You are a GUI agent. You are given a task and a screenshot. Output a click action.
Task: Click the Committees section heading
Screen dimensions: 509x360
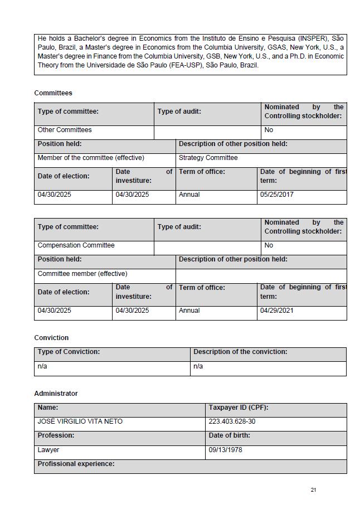click(x=53, y=93)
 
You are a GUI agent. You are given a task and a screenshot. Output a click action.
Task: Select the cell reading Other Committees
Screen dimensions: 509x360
click(x=65, y=130)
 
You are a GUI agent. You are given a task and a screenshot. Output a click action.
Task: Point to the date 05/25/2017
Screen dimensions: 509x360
click(x=276, y=195)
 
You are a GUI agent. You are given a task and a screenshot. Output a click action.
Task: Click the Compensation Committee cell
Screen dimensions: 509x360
click(x=76, y=245)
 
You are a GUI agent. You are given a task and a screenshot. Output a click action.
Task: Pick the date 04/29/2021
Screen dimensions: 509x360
click(x=276, y=311)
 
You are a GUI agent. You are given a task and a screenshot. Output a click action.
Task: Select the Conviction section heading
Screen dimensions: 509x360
click(x=51, y=338)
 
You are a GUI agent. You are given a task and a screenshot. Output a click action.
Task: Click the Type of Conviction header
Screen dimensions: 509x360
click(x=69, y=352)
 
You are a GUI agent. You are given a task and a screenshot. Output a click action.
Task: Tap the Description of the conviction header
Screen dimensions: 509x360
click(x=240, y=352)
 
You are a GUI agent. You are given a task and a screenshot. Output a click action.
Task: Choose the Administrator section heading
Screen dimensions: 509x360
click(x=56, y=394)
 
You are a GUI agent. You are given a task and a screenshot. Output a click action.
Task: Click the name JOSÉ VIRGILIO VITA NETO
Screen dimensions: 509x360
click(x=80, y=421)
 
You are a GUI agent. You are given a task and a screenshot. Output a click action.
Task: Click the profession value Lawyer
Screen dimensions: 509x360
click(x=48, y=450)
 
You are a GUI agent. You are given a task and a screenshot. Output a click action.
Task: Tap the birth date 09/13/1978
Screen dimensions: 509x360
click(x=225, y=450)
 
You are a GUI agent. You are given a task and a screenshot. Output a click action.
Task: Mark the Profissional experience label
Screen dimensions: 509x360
click(x=76, y=464)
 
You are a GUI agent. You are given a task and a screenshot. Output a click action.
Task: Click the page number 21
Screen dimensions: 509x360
click(x=313, y=490)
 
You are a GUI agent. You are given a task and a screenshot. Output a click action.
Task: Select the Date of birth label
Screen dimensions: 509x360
click(x=229, y=435)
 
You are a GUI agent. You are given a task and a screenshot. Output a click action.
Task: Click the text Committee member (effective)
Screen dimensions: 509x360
click(x=82, y=274)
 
